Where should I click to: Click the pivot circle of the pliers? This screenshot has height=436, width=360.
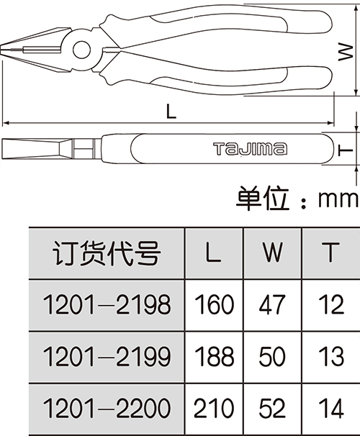tap(82, 50)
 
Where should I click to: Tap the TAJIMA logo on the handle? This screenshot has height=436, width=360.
tap(250, 148)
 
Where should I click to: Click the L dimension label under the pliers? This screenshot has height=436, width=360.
tap(171, 111)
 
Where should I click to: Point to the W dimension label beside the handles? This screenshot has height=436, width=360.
tap(346, 52)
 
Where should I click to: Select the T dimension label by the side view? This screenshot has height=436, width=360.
tap(346, 150)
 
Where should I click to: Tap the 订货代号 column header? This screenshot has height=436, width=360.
tap(107, 253)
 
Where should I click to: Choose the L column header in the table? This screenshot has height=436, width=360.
tap(213, 252)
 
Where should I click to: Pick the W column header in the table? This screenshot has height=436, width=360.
tap(273, 252)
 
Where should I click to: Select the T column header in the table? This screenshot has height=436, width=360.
tap(330, 252)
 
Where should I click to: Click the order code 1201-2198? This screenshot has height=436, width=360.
tap(107, 304)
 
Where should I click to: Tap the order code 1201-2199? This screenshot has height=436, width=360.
tap(107, 356)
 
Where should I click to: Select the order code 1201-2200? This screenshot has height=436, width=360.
tap(107, 408)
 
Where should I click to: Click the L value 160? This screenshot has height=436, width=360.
tap(214, 304)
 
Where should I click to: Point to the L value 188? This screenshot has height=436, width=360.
tap(214, 356)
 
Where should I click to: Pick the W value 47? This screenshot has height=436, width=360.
tap(272, 304)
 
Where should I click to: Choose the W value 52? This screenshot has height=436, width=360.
tap(272, 408)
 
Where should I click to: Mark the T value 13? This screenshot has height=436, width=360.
tap(331, 356)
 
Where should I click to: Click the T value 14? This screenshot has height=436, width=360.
tap(331, 408)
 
